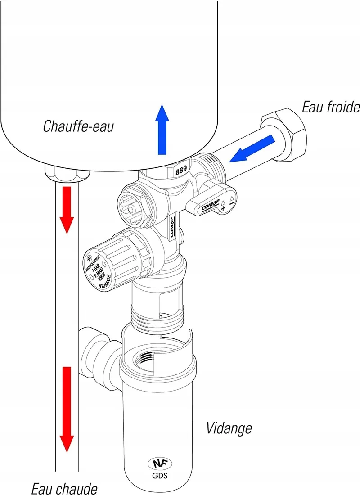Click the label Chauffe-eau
click(78, 126)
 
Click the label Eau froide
click(331, 107)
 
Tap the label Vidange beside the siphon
click(229, 428)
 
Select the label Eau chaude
click(64, 488)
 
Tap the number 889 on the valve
click(181, 171)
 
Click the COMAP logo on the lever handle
click(210, 205)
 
